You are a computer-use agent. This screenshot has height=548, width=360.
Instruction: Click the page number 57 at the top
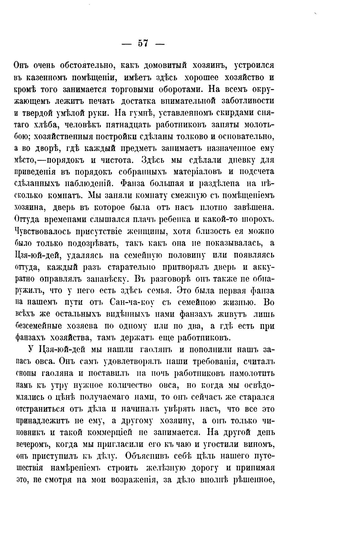click(143, 43)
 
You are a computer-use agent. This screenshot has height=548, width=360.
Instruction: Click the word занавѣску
click(105, 279)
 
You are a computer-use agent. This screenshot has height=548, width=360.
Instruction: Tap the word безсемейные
click(46, 326)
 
